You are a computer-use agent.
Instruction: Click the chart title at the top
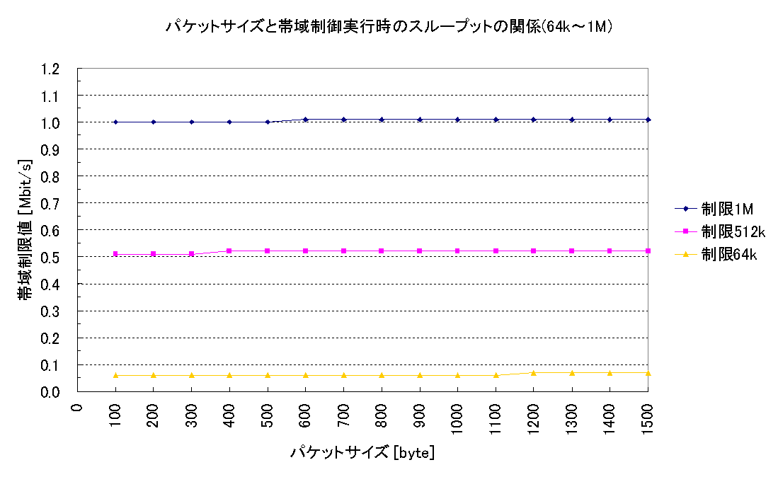pos(388,27)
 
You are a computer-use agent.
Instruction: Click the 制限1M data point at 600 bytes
pos(305,120)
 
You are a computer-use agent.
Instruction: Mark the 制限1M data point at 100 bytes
pos(115,122)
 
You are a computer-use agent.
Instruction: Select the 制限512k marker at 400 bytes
pos(229,251)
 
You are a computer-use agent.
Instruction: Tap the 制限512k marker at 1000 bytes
pos(457,251)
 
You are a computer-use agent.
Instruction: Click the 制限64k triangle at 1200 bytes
pos(534,372)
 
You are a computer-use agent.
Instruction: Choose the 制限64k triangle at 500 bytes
pos(268,375)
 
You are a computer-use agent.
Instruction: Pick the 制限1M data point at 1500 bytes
pos(648,120)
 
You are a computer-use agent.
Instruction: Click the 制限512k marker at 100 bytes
pos(115,253)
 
